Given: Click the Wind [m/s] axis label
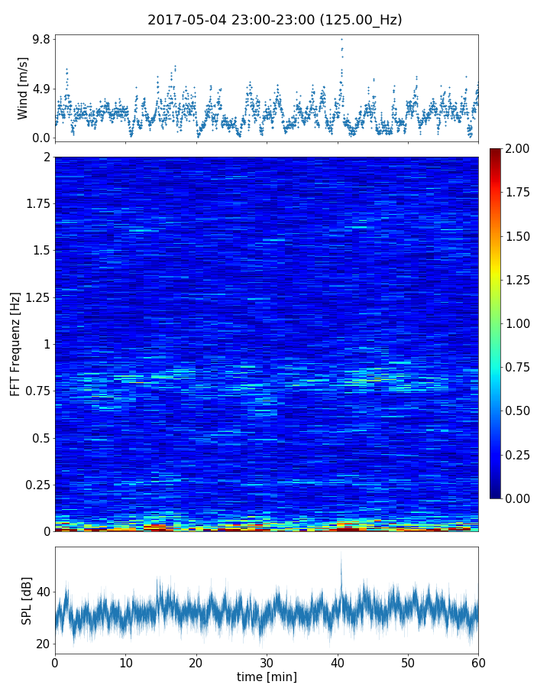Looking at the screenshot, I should point(23,88).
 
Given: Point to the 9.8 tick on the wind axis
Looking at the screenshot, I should point(40,39).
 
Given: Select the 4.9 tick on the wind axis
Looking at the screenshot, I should point(40,89).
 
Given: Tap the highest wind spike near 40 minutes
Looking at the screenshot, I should point(341,39).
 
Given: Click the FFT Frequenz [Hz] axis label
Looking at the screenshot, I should point(15,344).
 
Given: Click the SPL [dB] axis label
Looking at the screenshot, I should point(27,600).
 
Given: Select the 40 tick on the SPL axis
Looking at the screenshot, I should point(43,592).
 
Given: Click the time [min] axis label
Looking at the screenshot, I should point(267,677).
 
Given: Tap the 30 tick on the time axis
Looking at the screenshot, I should point(267,662).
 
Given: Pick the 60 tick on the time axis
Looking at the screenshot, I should point(478,662).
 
